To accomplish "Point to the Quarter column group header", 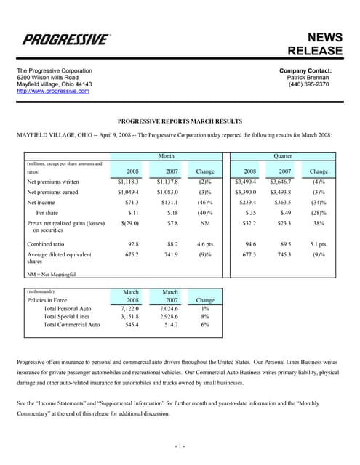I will pos(283,155).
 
